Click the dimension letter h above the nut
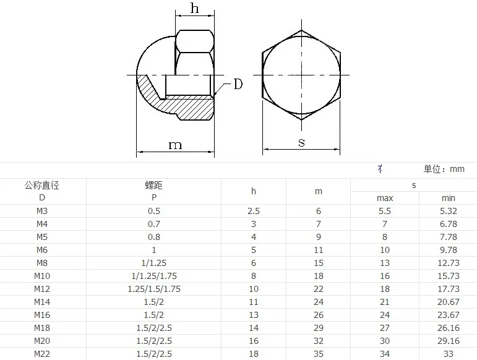[195, 8]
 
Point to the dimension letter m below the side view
[175, 145]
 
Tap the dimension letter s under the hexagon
[301, 142]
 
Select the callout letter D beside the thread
[238, 84]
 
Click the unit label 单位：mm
[444, 169]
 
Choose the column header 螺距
[154, 185]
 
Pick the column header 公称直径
[42, 185]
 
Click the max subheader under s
[385, 198]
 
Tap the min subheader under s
[449, 198]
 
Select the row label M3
[42, 211]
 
